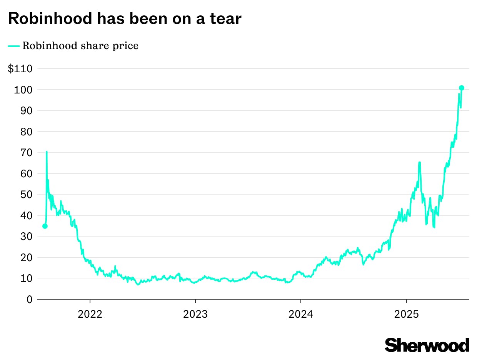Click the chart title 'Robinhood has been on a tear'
click(125, 18)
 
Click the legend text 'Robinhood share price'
click(80, 46)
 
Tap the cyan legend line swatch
click(14, 46)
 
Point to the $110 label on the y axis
click(20, 69)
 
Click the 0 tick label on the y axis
click(29, 299)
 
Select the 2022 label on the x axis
click(90, 314)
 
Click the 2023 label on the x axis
click(195, 314)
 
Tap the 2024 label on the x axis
click(301, 314)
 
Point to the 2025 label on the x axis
click(407, 314)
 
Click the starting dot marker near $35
click(45, 226)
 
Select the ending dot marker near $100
click(462, 88)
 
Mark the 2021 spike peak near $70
click(47, 152)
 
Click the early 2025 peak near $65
click(419, 163)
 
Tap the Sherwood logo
click(427, 345)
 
